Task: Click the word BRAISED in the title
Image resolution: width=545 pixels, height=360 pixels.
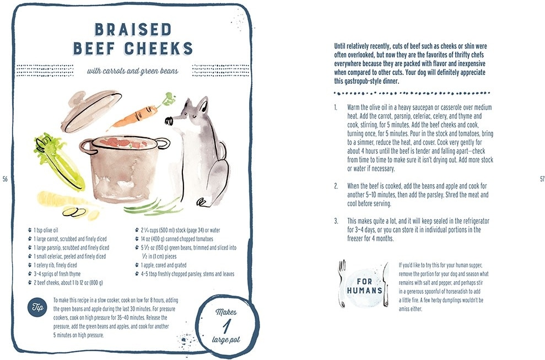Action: [133, 30]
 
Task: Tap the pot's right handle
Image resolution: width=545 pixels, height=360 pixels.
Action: [162, 143]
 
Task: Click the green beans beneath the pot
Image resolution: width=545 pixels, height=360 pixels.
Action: [153, 207]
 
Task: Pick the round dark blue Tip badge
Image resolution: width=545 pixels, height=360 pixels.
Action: [37, 307]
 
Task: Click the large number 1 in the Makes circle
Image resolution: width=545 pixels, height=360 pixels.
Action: [226, 326]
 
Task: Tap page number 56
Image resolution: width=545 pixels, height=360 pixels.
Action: [5, 179]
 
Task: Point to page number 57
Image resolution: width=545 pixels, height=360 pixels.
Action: [542, 179]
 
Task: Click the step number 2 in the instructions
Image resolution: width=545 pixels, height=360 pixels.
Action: [336, 186]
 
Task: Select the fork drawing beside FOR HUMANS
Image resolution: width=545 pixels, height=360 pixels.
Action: [342, 283]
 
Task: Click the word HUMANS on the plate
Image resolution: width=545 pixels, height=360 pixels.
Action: [365, 291]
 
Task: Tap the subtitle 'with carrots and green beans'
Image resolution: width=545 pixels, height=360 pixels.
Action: [132, 71]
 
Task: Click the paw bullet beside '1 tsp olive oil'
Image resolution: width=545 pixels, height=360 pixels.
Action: [30, 230]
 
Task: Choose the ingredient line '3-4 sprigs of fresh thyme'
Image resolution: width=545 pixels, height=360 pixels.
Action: [57, 274]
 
